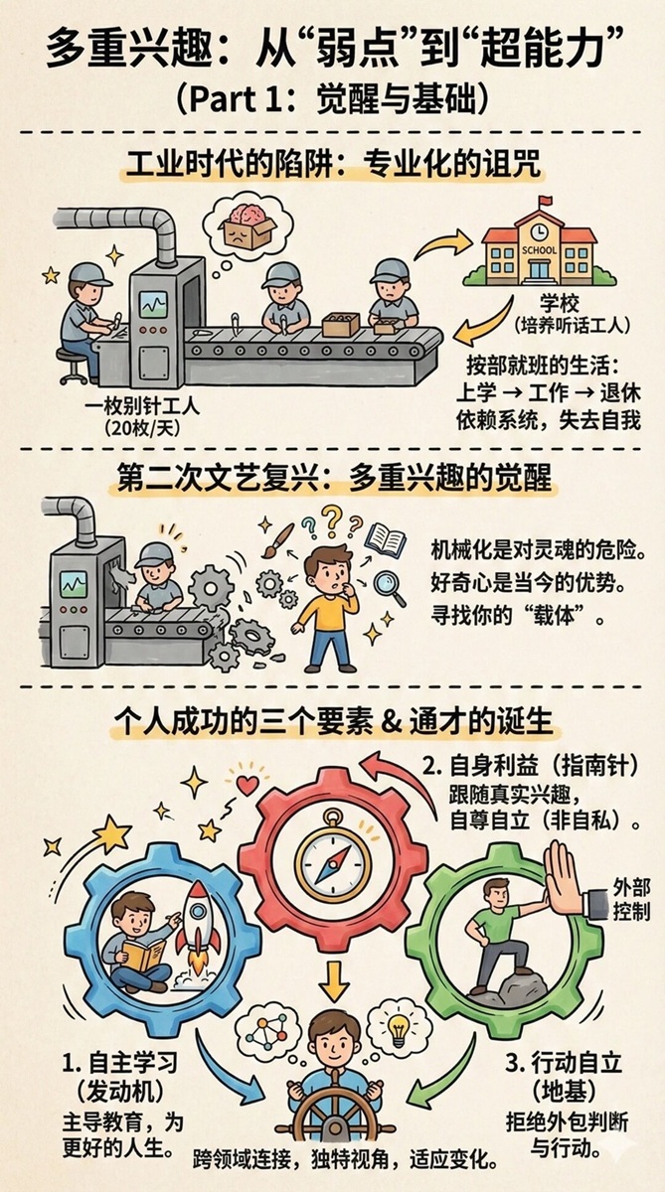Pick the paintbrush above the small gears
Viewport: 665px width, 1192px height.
278,539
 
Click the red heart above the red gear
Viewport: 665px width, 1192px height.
248,785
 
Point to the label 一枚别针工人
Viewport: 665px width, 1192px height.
142,407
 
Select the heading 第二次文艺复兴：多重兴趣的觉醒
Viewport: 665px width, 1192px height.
334,476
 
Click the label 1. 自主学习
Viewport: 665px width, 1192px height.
120,1063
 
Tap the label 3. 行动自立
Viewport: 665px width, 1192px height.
564,1063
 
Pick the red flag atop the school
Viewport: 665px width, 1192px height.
546,201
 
